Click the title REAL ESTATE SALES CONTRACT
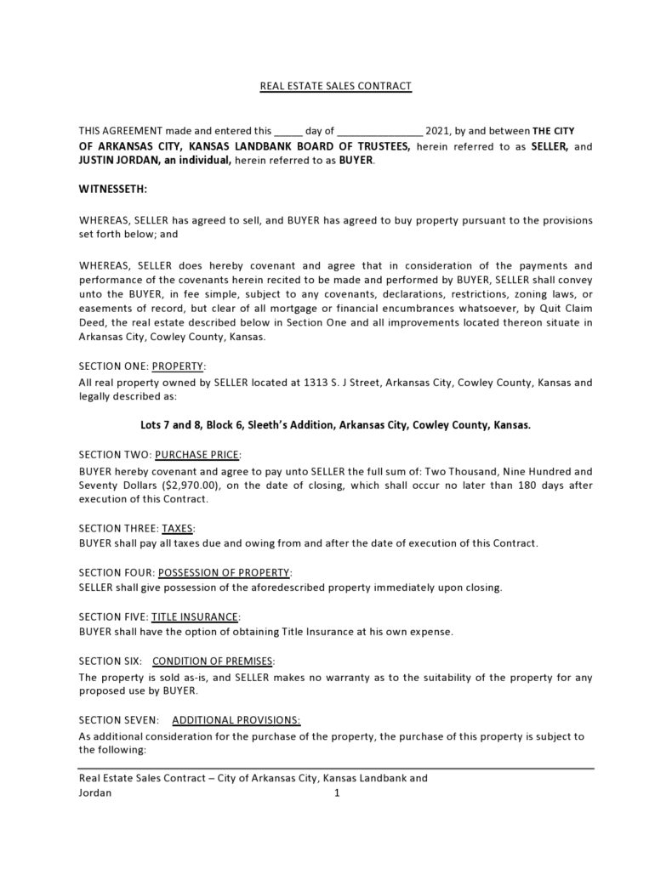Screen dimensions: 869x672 coord(335,86)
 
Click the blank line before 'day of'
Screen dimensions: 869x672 coord(288,133)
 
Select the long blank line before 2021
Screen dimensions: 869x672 coord(379,133)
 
